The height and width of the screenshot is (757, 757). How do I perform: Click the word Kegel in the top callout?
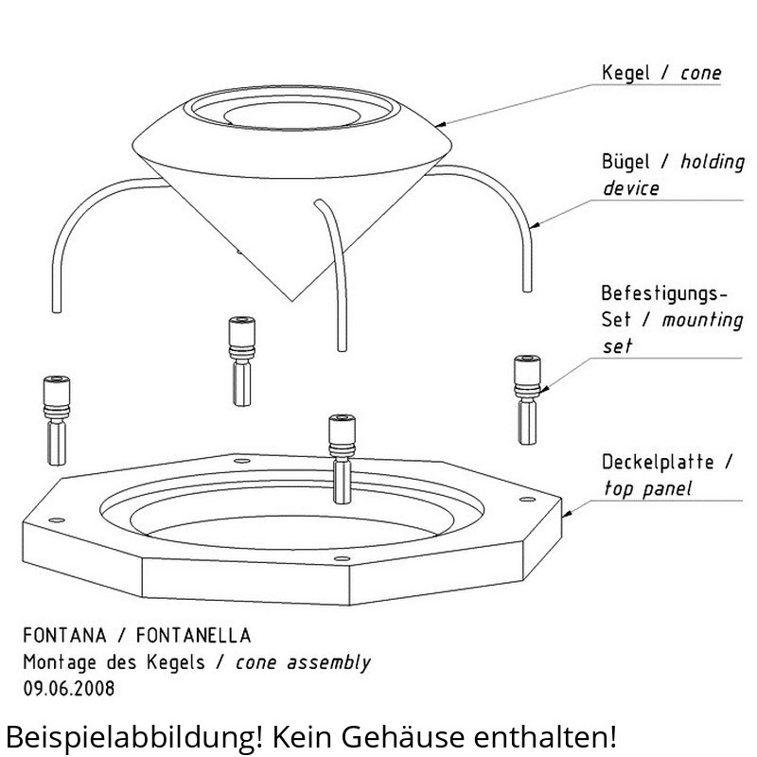click(x=625, y=74)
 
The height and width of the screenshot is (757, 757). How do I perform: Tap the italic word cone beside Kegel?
click(x=700, y=74)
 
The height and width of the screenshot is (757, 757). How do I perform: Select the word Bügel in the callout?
click(x=625, y=161)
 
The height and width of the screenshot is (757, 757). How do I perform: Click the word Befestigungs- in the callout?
click(x=664, y=294)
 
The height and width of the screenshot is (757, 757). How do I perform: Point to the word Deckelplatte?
click(x=658, y=462)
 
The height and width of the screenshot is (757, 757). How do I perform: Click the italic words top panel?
click(x=648, y=488)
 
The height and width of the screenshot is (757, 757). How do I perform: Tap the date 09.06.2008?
click(x=69, y=689)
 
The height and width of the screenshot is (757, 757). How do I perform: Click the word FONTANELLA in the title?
click(x=194, y=635)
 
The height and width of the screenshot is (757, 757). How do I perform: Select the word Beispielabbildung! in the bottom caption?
click(x=134, y=737)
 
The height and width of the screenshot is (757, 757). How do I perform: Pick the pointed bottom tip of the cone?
click(x=292, y=301)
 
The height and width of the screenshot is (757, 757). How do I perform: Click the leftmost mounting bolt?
click(x=57, y=420)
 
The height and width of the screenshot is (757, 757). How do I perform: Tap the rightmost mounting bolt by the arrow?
click(x=527, y=399)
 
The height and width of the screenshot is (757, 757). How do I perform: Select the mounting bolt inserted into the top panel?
click(x=342, y=459)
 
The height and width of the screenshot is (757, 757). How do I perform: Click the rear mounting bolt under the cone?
click(x=242, y=361)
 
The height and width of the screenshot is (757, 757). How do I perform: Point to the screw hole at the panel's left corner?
click(x=57, y=519)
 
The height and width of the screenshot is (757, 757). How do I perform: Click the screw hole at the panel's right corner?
click(x=527, y=500)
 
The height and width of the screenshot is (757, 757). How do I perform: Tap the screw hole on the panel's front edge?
click(x=342, y=558)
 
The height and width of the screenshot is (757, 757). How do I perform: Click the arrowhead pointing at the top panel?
click(x=566, y=514)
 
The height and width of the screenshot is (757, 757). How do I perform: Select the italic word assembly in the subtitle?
click(x=328, y=662)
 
